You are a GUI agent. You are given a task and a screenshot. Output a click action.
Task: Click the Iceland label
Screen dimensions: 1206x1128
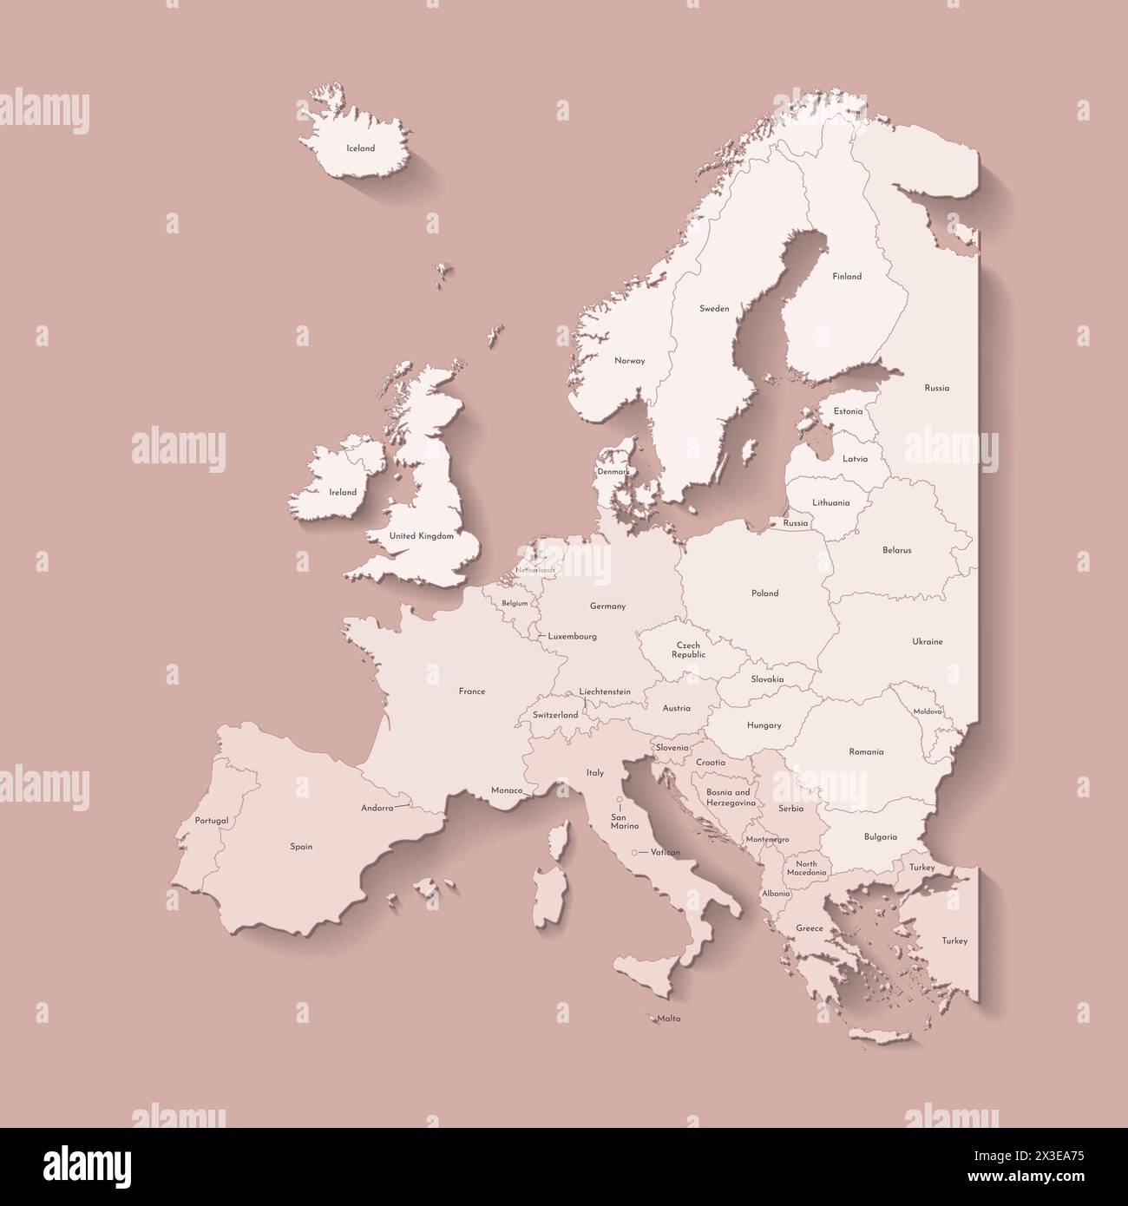coord(360,148)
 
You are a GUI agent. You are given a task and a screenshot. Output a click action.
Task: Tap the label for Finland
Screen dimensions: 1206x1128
coord(847,277)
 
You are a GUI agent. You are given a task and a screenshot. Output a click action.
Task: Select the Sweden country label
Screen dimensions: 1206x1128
coord(714,308)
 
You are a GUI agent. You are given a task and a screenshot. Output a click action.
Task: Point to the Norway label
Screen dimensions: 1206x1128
coord(629,361)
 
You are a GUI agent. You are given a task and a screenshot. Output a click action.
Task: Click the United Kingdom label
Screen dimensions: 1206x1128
coord(422,536)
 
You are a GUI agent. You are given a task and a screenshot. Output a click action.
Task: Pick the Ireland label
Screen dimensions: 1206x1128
coord(343,492)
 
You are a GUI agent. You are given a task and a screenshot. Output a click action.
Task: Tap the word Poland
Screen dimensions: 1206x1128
coord(764,593)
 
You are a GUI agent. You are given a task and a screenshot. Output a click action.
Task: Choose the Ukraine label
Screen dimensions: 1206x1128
coord(927,642)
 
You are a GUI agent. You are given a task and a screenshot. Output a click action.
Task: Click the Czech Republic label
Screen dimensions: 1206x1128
coord(688,650)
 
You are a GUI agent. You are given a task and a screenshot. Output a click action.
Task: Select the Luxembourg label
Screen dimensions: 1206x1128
coord(573,636)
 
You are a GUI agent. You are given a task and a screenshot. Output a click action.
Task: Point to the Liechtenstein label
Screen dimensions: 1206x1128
coord(605,691)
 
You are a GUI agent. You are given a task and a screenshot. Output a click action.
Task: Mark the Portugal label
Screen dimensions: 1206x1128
coord(212,820)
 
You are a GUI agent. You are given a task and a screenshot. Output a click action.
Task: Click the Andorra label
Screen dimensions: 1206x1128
coord(377,808)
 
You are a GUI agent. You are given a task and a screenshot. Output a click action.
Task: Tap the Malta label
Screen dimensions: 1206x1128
coord(668,1019)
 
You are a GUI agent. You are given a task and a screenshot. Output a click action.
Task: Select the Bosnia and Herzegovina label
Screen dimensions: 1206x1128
coord(728,797)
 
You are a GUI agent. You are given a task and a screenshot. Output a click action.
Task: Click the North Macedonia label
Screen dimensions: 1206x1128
coord(807,868)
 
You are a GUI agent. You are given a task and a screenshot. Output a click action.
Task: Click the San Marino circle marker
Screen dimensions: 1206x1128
coord(620,800)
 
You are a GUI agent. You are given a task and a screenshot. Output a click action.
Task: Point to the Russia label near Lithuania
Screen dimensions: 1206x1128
coord(795,523)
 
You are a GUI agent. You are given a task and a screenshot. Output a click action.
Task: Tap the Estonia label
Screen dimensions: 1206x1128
coord(848,411)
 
